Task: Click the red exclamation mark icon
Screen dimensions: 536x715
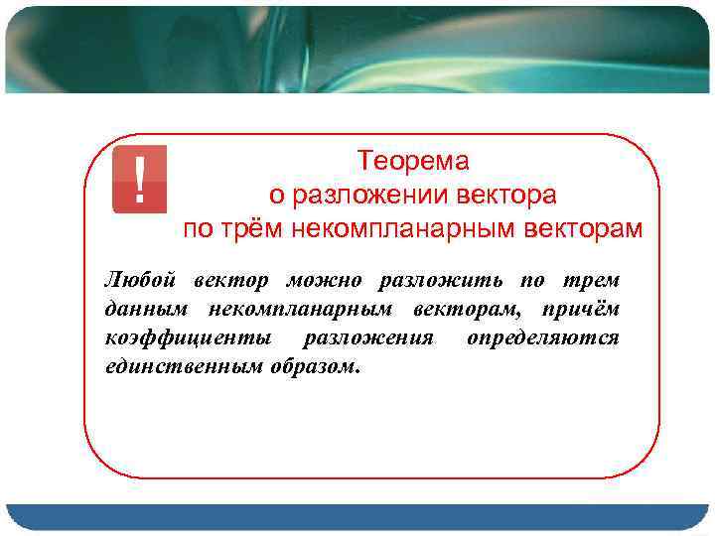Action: [139, 180]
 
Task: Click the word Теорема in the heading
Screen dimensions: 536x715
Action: [413, 160]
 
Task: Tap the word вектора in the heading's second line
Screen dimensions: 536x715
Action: [507, 195]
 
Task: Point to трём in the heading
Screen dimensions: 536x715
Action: [243, 229]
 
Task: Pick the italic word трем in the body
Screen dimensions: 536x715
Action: [593, 281]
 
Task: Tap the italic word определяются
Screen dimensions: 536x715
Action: [542, 338]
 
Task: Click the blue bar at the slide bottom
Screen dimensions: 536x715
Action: [357, 517]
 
